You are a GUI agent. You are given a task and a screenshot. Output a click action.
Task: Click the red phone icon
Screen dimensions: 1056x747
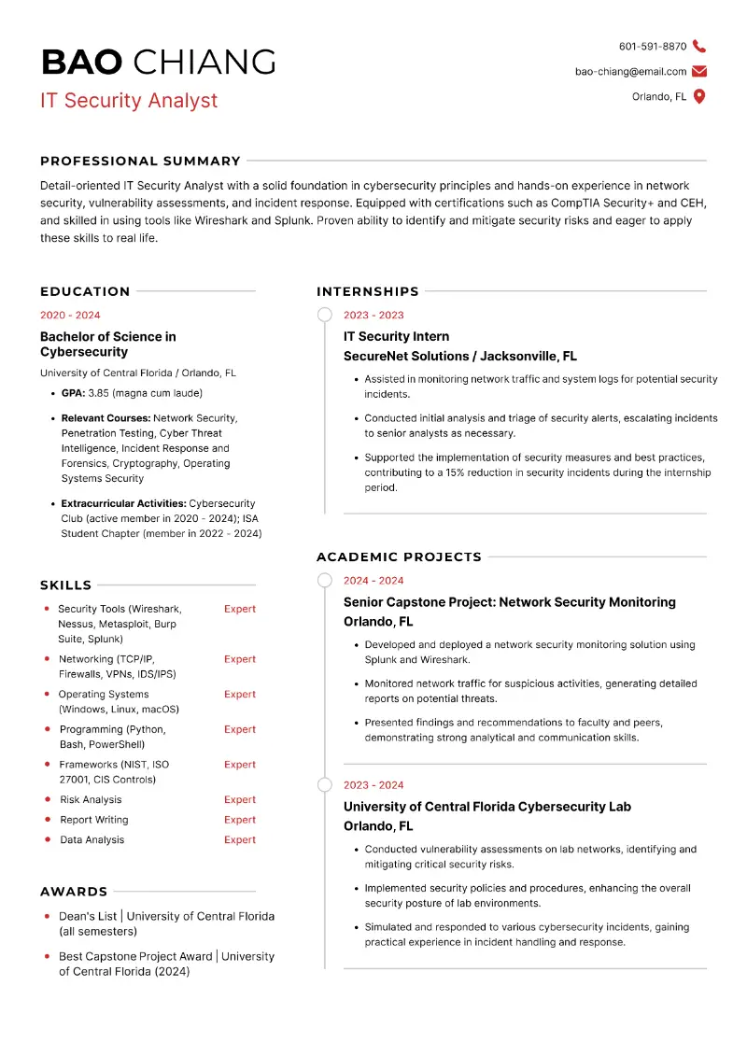pyautogui.click(x=699, y=47)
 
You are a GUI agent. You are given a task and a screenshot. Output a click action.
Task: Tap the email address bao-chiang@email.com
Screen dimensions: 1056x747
pyautogui.click(x=630, y=71)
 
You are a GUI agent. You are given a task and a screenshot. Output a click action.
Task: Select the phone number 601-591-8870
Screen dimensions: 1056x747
pyautogui.click(x=652, y=47)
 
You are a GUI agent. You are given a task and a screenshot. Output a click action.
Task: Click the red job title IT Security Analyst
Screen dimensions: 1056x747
pyautogui.click(x=129, y=101)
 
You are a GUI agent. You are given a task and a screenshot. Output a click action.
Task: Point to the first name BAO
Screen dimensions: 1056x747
pyautogui.click(x=81, y=63)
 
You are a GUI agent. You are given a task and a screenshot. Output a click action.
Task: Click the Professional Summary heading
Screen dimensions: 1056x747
pyautogui.click(x=140, y=161)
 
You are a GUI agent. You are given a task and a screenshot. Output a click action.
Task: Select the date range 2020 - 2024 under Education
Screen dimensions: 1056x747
pyautogui.click(x=70, y=316)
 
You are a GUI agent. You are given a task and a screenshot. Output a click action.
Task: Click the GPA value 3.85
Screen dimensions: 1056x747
pyautogui.click(x=99, y=393)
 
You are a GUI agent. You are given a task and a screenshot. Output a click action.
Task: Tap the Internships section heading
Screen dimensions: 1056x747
pyautogui.click(x=368, y=291)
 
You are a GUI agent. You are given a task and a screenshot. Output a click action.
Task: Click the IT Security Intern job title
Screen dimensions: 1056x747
pyautogui.click(x=396, y=336)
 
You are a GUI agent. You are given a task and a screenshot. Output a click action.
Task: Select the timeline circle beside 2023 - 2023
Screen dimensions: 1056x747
pyautogui.click(x=324, y=315)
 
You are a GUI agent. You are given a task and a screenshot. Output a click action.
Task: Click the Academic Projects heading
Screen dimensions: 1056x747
pyautogui.click(x=399, y=556)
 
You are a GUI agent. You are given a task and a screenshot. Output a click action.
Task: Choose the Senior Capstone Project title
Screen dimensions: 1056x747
pyautogui.click(x=509, y=602)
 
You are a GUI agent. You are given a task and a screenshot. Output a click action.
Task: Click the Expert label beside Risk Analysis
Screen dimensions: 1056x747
pyautogui.click(x=239, y=799)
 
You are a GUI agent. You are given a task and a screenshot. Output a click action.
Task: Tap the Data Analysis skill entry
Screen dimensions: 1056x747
pyautogui.click(x=92, y=839)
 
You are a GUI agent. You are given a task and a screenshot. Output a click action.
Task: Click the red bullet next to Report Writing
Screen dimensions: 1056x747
pyautogui.click(x=47, y=820)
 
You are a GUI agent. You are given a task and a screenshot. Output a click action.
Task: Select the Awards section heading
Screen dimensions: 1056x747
pyautogui.click(x=74, y=892)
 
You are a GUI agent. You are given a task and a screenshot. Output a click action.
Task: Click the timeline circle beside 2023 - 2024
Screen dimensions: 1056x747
pyautogui.click(x=324, y=784)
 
